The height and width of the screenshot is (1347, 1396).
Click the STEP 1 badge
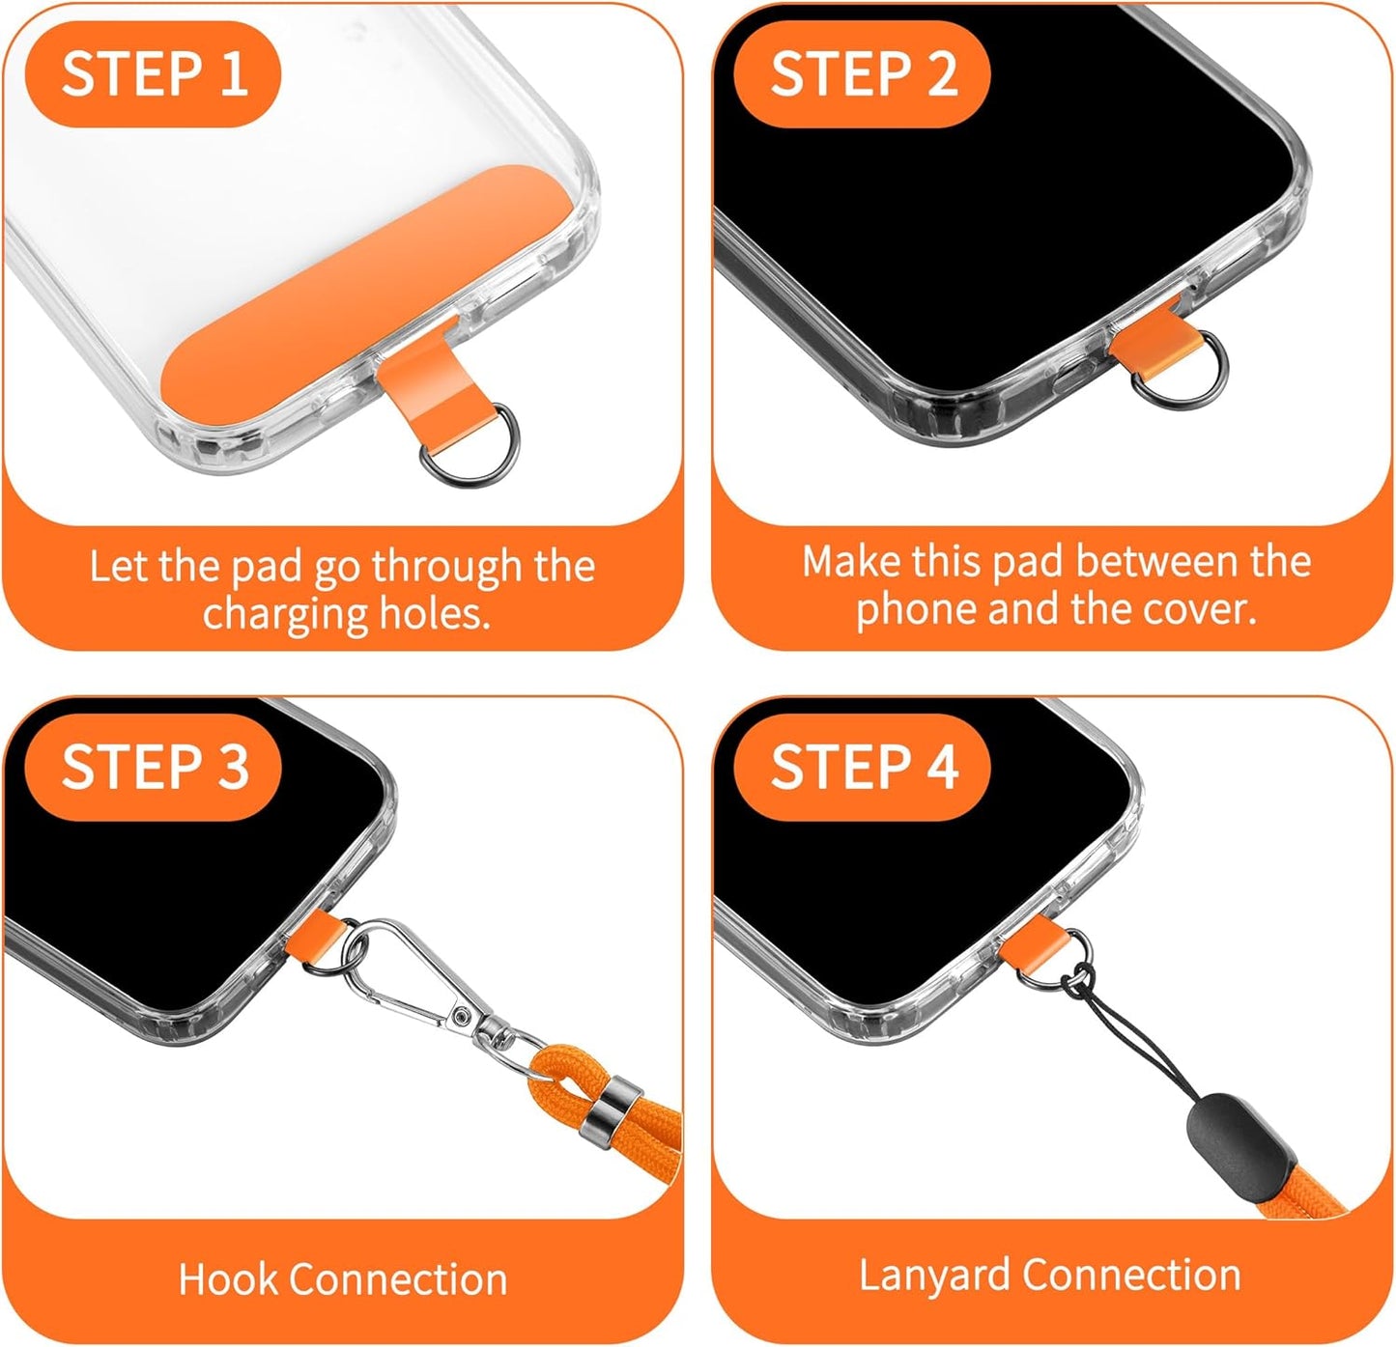(x=153, y=74)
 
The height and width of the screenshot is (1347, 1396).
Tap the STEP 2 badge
(x=862, y=74)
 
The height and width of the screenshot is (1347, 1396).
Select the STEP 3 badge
(x=153, y=767)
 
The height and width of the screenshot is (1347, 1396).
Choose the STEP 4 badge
(x=862, y=767)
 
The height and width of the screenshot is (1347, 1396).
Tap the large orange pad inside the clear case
(x=348, y=299)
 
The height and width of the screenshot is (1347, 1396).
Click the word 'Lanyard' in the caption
(x=935, y=1276)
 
